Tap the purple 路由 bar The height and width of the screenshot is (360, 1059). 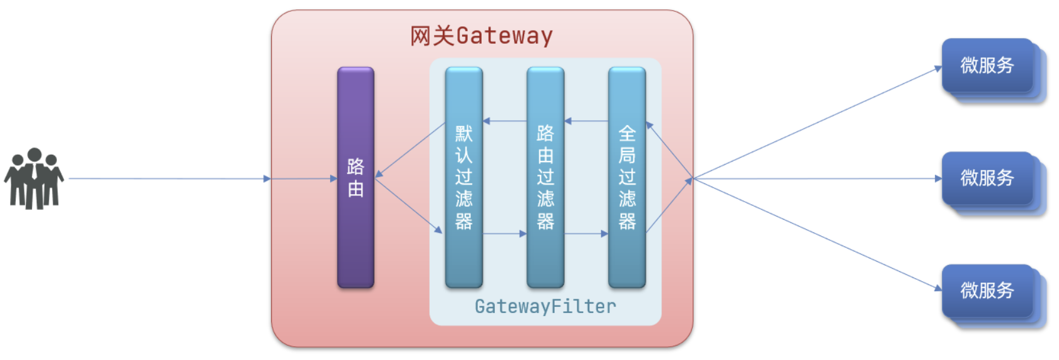tap(355, 178)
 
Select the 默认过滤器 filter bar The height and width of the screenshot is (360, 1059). tap(463, 178)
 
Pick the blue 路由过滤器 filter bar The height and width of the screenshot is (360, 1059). tap(545, 178)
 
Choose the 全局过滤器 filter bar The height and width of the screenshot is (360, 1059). tap(626, 178)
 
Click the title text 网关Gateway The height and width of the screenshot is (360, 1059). tap(481, 36)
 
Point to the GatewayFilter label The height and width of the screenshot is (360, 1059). tap(545, 306)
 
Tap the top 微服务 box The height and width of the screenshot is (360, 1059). tap(988, 66)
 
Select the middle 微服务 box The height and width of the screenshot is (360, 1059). tap(988, 178)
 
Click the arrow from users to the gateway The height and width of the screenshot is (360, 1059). tap(169, 178)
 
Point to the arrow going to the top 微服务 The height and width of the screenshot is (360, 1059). tap(814, 123)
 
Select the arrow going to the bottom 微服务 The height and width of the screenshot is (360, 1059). tap(814, 233)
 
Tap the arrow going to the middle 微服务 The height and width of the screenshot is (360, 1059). tap(814, 178)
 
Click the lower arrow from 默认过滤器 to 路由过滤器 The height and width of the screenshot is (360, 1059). tap(504, 234)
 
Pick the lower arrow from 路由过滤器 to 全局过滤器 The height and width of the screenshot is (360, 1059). tap(586, 234)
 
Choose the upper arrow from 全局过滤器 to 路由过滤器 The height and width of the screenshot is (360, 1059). tap(586, 121)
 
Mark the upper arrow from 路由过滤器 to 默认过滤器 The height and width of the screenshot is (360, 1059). tap(504, 121)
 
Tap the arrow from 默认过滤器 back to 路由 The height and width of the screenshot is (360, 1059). tap(410, 150)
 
